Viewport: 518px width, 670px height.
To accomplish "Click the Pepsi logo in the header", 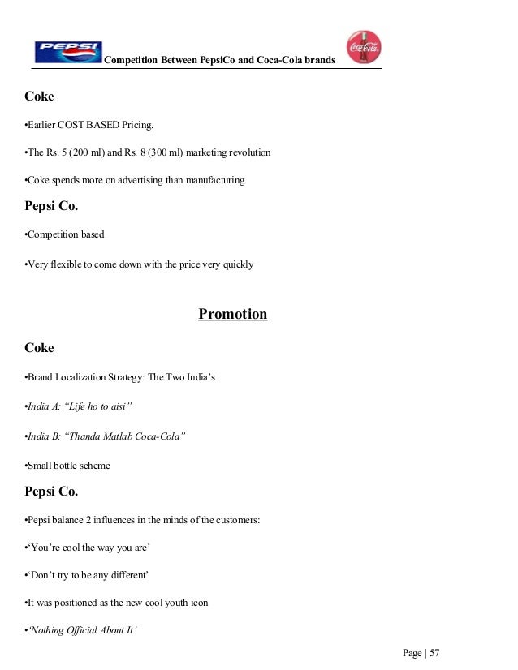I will (68, 52).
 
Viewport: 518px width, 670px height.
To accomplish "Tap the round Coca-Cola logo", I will (364, 48).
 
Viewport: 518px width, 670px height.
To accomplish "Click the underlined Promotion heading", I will (232, 314).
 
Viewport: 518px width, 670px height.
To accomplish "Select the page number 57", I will (434, 653).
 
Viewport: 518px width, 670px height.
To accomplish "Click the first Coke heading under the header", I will (39, 97).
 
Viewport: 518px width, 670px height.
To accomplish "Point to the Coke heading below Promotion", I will (39, 348).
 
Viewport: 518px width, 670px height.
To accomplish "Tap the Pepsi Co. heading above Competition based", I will (51, 206).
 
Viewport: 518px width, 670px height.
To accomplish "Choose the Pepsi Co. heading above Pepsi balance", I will (51, 492).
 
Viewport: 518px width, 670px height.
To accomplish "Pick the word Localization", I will (87, 377).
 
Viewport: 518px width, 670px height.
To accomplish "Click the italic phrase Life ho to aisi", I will (99, 406).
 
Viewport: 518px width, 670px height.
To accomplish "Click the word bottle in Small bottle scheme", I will (71, 466).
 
